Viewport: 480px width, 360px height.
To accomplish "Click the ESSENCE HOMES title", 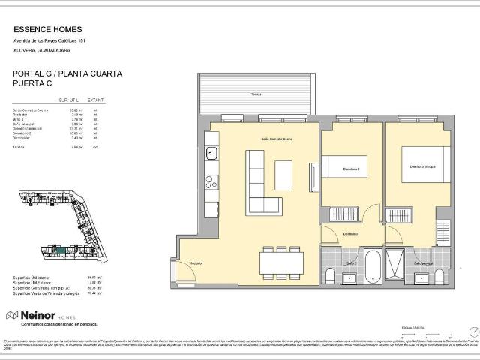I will tap(44, 31).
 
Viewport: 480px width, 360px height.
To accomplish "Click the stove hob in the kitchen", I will tap(211, 181).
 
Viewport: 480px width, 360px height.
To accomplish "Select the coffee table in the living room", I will tap(283, 175).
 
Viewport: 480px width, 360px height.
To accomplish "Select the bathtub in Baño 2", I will tap(373, 265).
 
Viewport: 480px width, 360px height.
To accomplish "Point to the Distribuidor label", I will tap(352, 234).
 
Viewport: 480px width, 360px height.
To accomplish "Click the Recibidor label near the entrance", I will tap(196, 263).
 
